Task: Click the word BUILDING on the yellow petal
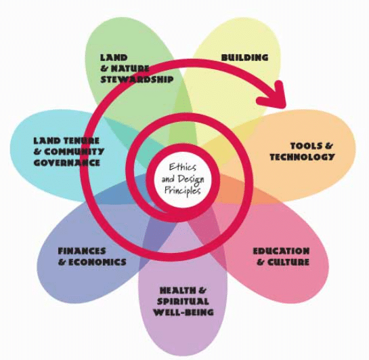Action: (245, 58)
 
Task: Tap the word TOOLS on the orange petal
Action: (305, 146)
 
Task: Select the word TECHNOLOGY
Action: (303, 157)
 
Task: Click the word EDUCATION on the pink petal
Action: (282, 252)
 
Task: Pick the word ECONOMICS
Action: (98, 262)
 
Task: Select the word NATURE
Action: (131, 68)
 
